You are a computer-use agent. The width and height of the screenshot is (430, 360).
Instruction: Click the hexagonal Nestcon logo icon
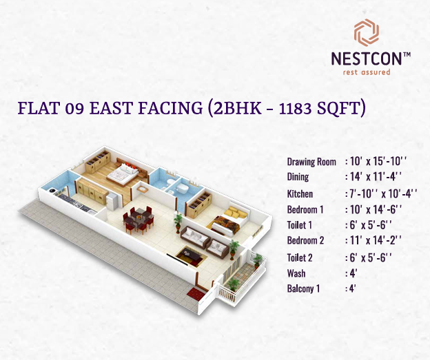367,32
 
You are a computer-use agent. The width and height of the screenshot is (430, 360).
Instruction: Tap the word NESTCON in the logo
367,59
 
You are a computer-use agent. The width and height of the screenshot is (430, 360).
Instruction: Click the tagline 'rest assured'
367,72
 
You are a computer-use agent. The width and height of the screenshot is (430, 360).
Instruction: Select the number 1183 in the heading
296,108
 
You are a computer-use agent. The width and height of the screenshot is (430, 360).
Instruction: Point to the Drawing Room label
311,162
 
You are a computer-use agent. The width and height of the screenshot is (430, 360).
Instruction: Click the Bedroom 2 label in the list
305,240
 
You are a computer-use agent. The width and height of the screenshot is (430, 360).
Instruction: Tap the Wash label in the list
296,273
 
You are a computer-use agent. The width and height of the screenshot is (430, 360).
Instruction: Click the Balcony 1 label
304,288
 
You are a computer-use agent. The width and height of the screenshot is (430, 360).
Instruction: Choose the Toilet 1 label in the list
300,225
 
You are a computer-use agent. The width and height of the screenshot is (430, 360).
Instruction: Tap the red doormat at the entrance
196,294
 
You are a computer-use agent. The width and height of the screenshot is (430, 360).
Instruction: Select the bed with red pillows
123,174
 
